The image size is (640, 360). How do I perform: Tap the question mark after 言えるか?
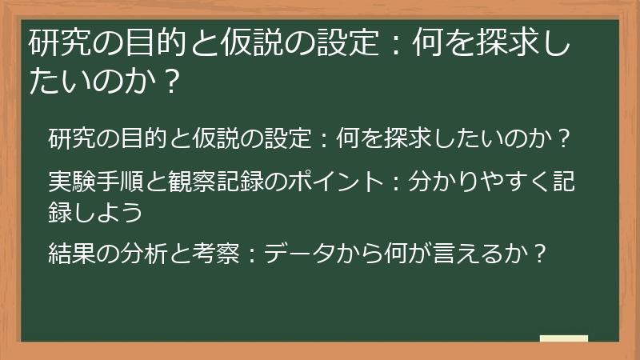pyautogui.click(x=540, y=254)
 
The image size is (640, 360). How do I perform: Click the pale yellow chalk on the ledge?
pyautogui.click(x=564, y=338)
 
